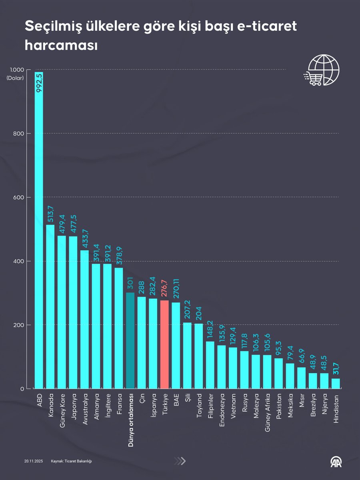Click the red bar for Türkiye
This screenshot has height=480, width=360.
(x=164, y=344)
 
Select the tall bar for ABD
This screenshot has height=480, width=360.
(x=39, y=240)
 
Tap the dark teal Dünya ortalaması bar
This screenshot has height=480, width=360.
(x=130, y=340)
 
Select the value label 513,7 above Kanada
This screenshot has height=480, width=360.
(x=50, y=214)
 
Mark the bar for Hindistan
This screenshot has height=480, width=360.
(x=336, y=383)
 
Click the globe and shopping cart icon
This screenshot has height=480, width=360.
(x=322, y=71)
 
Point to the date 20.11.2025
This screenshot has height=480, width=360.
(x=33, y=461)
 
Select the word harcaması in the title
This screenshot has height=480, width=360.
(x=61, y=45)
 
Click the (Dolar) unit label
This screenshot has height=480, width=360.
(x=15, y=78)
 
